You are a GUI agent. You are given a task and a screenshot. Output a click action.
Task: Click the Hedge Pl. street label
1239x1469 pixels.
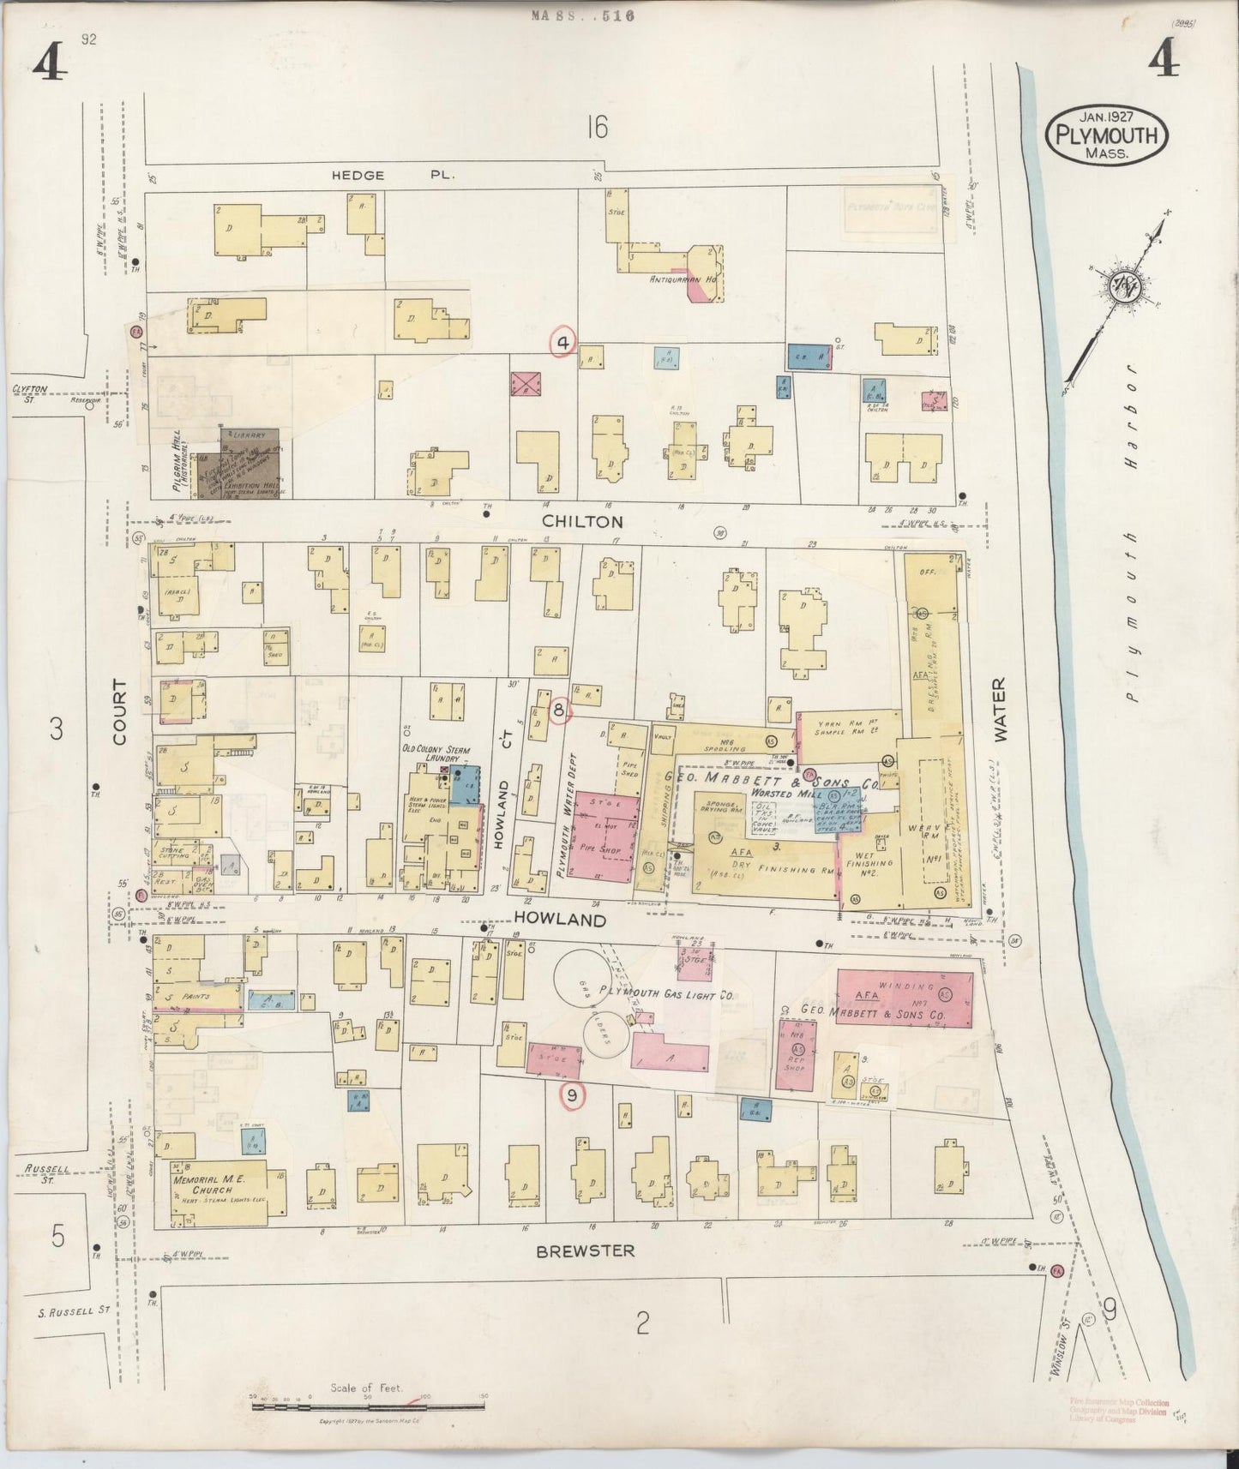[394, 175]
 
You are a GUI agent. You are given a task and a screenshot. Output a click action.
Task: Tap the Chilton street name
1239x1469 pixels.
[582, 521]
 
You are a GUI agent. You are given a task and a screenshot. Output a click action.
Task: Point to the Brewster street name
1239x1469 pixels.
[586, 1250]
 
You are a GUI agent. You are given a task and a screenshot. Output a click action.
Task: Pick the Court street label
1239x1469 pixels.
[118, 711]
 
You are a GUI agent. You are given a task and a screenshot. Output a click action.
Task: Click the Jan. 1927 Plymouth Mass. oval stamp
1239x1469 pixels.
[1106, 135]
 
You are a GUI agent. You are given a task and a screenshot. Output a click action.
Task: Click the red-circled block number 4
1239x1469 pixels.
[563, 343]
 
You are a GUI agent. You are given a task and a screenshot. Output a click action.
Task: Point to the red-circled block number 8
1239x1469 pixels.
[558, 710]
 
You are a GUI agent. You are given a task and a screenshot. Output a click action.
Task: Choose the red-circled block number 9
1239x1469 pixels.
[572, 1094]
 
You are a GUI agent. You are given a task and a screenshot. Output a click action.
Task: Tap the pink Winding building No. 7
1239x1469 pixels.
[904, 998]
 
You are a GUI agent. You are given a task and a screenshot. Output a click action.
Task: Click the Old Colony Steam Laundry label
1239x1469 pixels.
[437, 753]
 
